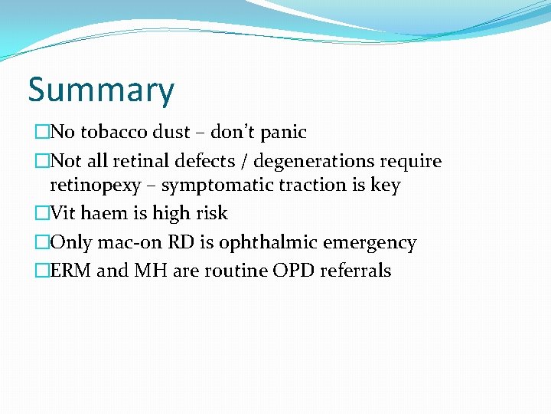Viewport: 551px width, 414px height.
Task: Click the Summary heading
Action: coord(101,90)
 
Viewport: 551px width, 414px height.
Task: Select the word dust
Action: coord(171,132)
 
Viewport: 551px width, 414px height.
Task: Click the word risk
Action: coord(210,213)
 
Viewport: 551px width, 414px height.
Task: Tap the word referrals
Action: coord(356,271)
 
